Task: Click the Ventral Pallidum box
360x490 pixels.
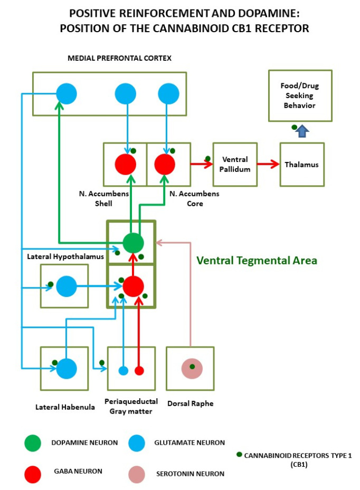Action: [x=235, y=164]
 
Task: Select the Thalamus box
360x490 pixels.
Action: [x=302, y=164]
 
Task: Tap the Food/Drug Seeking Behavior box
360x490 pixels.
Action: [x=299, y=96]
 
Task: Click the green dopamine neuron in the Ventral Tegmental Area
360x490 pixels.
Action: [x=133, y=243]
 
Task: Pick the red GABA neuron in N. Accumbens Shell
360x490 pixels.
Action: [x=126, y=164]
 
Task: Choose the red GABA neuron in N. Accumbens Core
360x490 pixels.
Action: [x=165, y=164]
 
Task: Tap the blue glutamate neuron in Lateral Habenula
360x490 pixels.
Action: [x=67, y=368]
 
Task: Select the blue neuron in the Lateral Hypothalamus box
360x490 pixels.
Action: [x=67, y=286]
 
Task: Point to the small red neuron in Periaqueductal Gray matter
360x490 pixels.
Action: [x=139, y=370]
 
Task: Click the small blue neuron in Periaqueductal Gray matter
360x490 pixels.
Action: [x=123, y=370]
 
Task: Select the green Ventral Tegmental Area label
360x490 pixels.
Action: [x=257, y=260]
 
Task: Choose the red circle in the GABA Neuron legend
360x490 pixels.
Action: [x=33, y=473]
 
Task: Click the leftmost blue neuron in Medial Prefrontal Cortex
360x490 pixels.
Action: [x=67, y=93]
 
